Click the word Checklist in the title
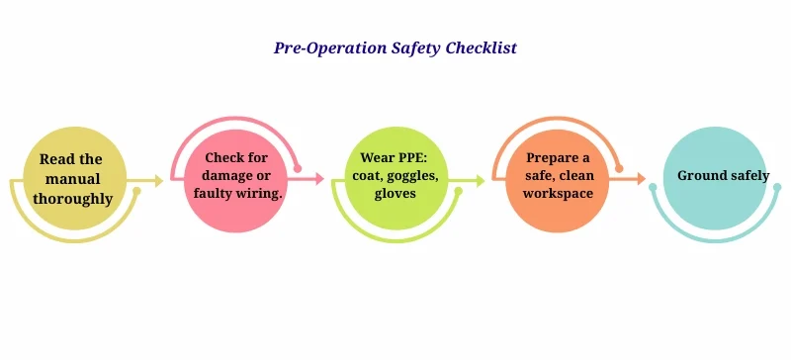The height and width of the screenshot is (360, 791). point(481,47)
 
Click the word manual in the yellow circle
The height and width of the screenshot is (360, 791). point(70,178)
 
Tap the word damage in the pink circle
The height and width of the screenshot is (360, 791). point(222,175)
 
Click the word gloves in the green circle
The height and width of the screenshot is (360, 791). point(395,194)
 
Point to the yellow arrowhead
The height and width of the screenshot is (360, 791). point(159,180)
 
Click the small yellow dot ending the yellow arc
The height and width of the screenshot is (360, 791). point(136,191)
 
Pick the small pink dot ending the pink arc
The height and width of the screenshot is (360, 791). point(298,168)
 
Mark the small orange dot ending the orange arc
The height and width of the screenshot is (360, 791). point(619,168)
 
